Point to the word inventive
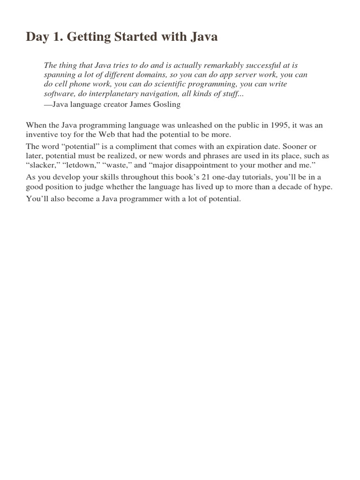(42, 134)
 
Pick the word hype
(323, 187)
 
